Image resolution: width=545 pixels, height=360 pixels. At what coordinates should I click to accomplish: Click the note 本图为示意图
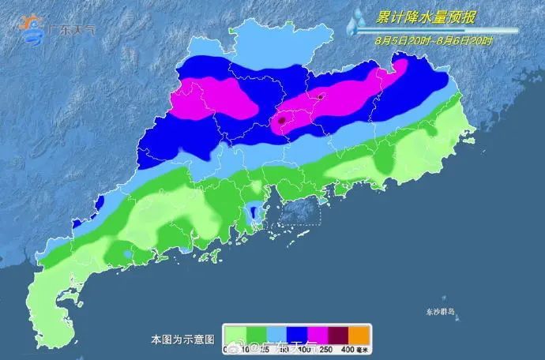coord(182,339)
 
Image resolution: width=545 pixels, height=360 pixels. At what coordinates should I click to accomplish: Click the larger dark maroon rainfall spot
coord(281,121)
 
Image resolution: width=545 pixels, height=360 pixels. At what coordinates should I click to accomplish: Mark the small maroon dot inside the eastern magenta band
coord(321,98)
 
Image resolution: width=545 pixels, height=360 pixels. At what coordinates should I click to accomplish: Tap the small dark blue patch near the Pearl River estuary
coord(253,212)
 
